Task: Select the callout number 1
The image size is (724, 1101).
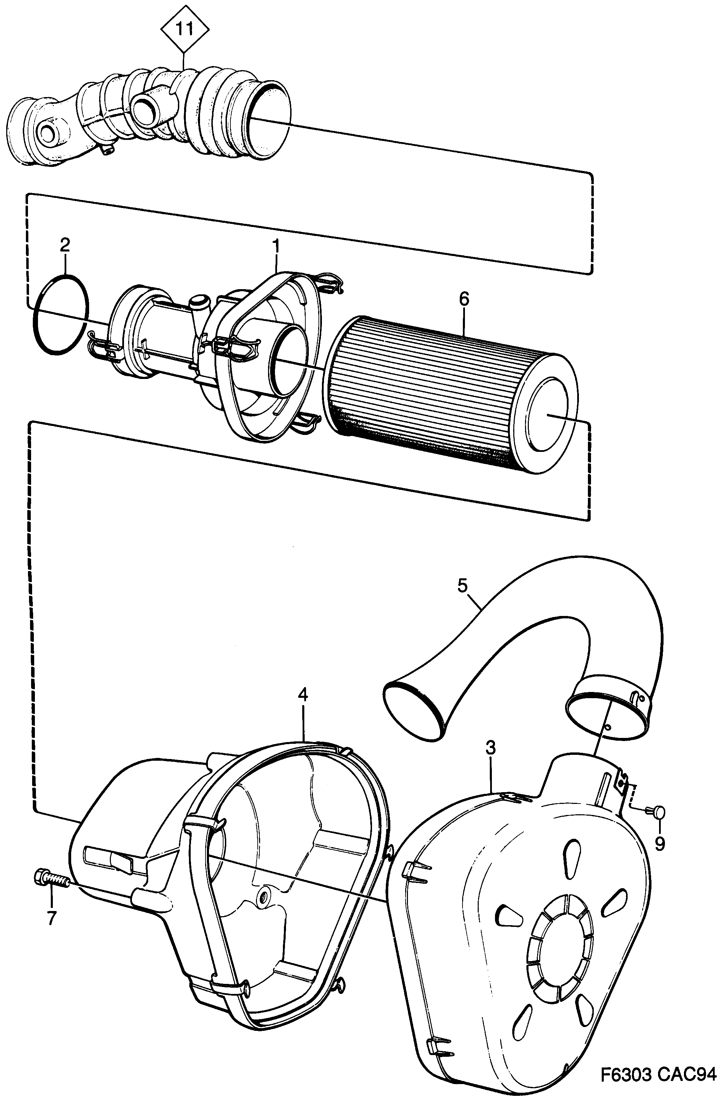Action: (276, 247)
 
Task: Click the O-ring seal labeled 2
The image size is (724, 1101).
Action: (60, 315)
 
